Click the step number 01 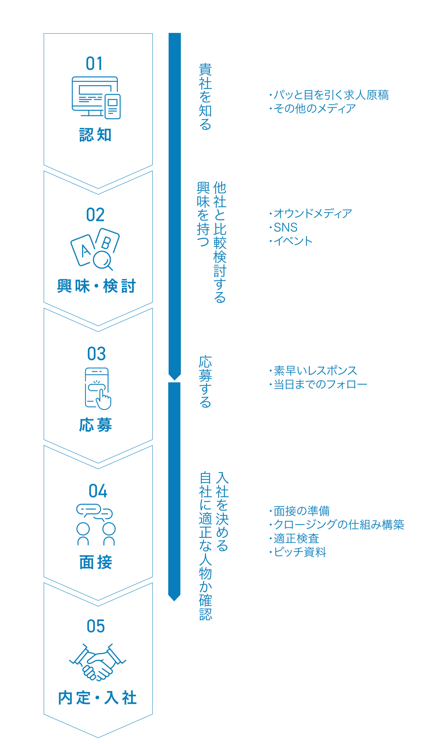(94, 64)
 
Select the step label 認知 (96, 135)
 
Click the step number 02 (95, 215)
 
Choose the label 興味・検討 (96, 286)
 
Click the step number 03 (96, 354)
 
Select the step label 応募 (96, 425)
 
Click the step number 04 (98, 491)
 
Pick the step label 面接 (96, 562)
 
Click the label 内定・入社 (97, 698)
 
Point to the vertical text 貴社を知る (205, 96)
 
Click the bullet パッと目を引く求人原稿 (331, 95)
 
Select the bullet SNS (285, 228)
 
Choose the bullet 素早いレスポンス (315, 371)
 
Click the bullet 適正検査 (296, 539)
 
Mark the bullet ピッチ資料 (300, 552)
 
